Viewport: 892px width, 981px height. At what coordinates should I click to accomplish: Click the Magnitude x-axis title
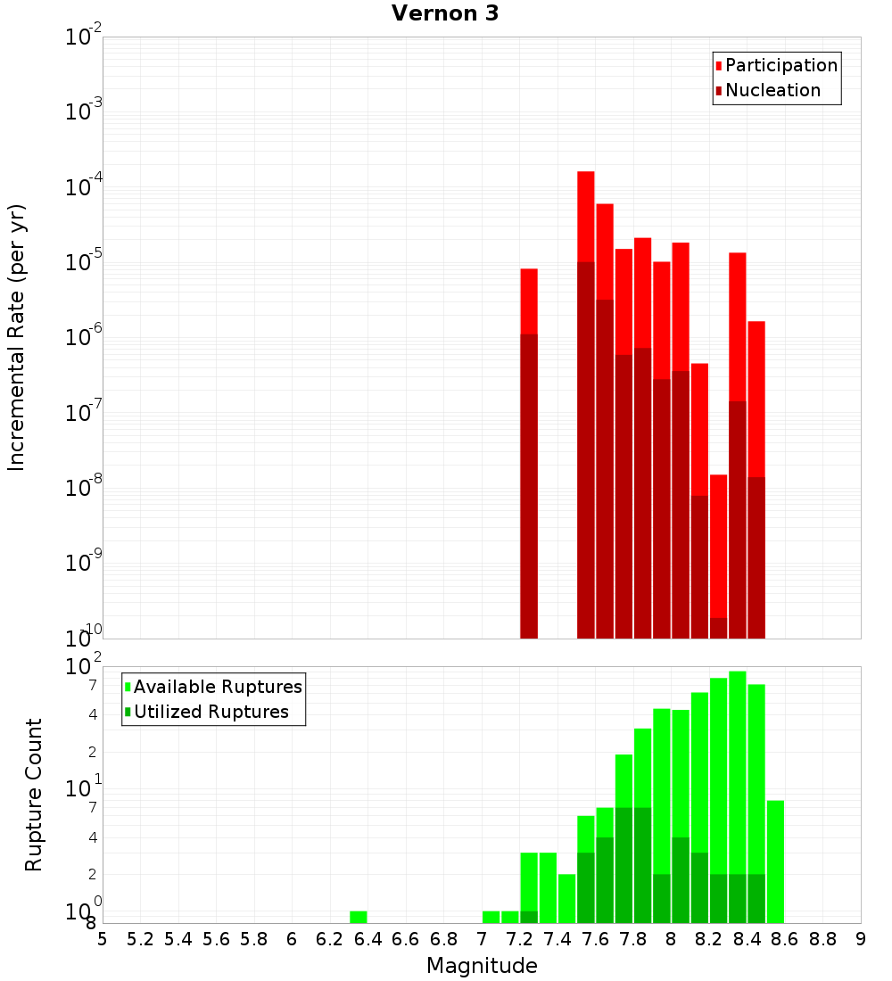482,966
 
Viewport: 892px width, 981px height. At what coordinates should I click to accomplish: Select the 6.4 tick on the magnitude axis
368,939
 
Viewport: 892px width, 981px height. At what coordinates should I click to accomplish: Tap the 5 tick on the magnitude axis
103,939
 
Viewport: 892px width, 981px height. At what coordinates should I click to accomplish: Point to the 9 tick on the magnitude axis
861,939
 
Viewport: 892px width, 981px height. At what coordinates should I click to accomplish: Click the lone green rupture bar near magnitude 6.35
358,917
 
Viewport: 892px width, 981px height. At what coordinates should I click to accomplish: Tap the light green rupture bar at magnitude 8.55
775,861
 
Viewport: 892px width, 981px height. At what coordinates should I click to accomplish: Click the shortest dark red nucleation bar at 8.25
718,628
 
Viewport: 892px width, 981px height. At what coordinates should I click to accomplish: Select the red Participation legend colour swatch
718,65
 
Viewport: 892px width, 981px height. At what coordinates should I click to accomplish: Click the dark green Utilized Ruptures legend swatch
128,712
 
